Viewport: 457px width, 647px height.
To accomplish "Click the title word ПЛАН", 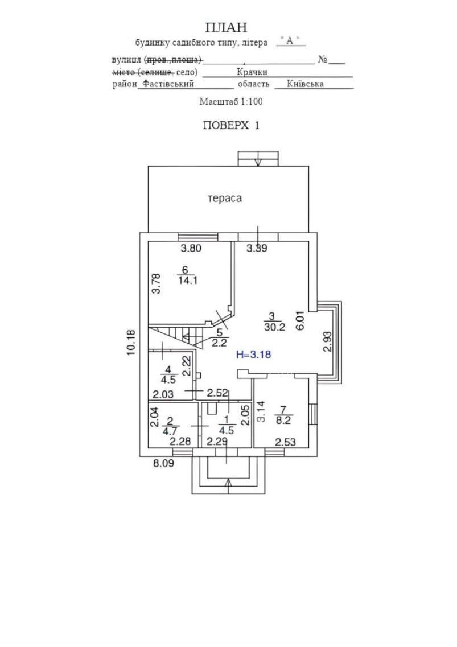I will point(226,27).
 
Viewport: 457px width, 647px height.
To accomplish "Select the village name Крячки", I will point(252,72).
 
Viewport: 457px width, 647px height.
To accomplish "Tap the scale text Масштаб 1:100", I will point(230,101).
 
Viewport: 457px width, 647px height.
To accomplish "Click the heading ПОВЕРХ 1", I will point(230,126).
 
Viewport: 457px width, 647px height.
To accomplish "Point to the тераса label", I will point(224,199).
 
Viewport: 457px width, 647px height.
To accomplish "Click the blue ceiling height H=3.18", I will point(253,355).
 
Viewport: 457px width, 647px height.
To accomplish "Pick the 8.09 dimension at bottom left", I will point(163,463).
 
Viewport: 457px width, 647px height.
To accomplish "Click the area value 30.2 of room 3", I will point(274,327).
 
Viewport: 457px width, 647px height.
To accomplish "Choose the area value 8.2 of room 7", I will point(283,421).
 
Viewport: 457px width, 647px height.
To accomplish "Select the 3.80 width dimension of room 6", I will point(191,248).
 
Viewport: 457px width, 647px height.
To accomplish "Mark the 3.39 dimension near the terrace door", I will point(257,248).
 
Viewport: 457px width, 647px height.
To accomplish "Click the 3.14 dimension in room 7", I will point(261,411).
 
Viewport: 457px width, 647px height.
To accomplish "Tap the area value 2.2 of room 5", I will point(220,342).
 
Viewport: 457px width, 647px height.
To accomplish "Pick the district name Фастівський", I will point(168,84).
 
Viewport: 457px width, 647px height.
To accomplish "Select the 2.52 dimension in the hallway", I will point(217,393).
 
